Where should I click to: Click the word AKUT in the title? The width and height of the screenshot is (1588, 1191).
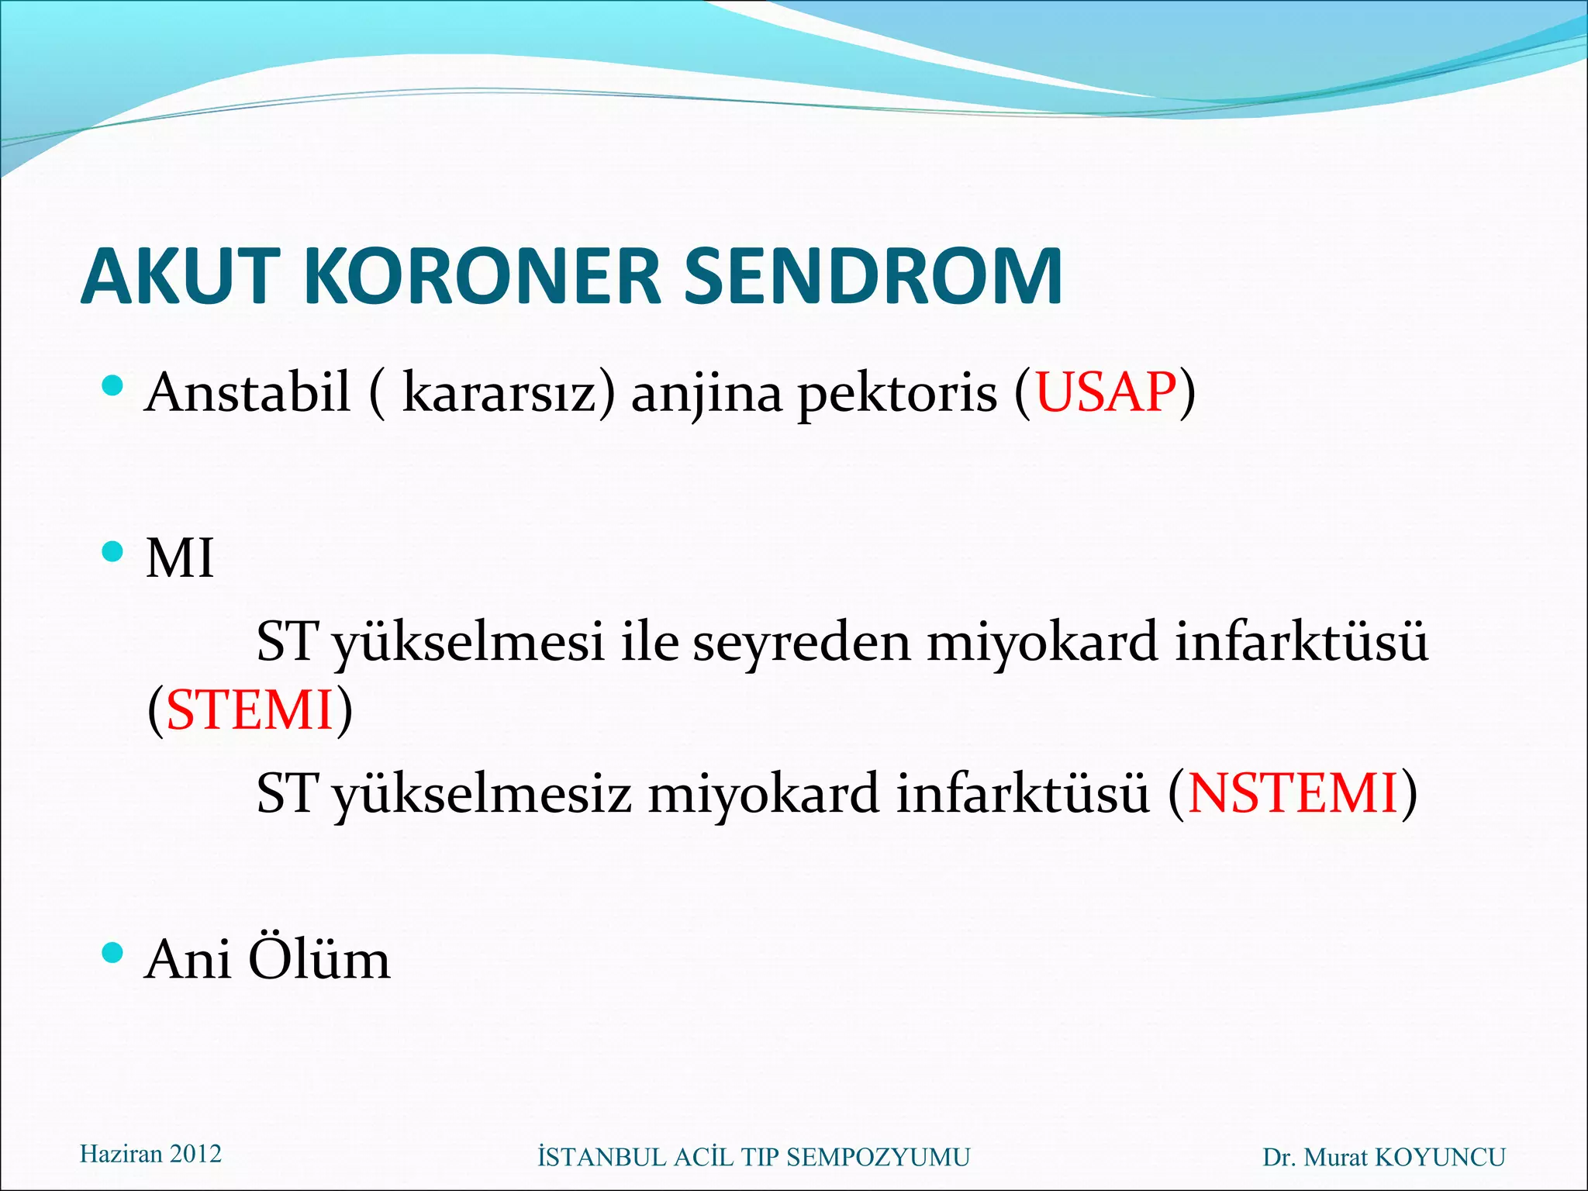pos(179,276)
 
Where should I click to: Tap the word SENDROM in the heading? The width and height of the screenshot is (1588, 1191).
pos(872,276)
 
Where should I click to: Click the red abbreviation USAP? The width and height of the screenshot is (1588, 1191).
pos(1106,392)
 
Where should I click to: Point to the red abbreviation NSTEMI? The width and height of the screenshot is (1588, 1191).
pos(1293,793)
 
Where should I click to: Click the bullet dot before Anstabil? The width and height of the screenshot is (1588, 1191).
pos(112,385)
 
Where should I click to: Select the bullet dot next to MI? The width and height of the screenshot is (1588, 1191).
pos(112,551)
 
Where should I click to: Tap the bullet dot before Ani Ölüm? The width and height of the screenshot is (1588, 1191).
pos(112,953)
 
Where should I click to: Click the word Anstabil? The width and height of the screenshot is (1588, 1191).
pos(248,392)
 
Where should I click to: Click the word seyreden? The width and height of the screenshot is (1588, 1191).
pos(801,644)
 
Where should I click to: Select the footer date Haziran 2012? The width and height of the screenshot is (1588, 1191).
pos(150,1154)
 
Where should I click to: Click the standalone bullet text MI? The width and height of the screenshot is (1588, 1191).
pos(179,558)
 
